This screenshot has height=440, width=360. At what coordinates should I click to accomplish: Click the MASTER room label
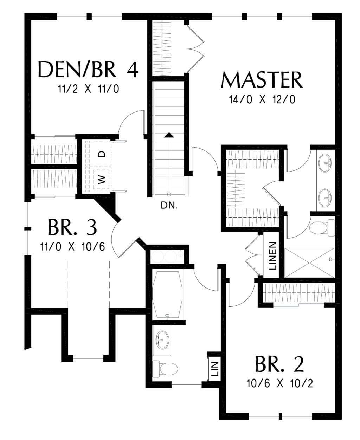coord(262,80)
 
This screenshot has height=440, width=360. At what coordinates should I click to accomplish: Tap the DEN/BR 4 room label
coord(88,70)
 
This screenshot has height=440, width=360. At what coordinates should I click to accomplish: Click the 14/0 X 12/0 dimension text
coord(262,100)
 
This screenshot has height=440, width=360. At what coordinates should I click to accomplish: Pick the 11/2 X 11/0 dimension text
coord(88,89)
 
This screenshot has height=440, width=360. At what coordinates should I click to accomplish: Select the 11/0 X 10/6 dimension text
coord(72,247)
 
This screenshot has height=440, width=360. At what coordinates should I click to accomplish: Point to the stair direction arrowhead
coord(169,135)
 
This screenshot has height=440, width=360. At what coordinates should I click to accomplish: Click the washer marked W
coord(101,180)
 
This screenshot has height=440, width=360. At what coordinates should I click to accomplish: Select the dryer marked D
coord(101,154)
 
